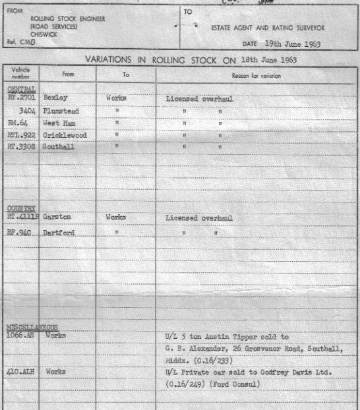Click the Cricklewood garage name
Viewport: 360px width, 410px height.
pyautogui.click(x=65, y=135)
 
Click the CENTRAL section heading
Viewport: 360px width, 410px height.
pyautogui.click(x=21, y=88)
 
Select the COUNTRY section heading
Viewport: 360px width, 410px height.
pyautogui.click(x=21, y=208)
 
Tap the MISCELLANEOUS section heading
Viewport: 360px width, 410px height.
pyautogui.click(x=32, y=327)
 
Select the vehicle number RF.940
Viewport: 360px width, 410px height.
pyautogui.click(x=20, y=233)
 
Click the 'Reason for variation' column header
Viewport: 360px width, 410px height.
pyautogui.click(x=256, y=75)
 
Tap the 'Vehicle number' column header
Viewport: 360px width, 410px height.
pyautogui.click(x=21, y=73)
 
